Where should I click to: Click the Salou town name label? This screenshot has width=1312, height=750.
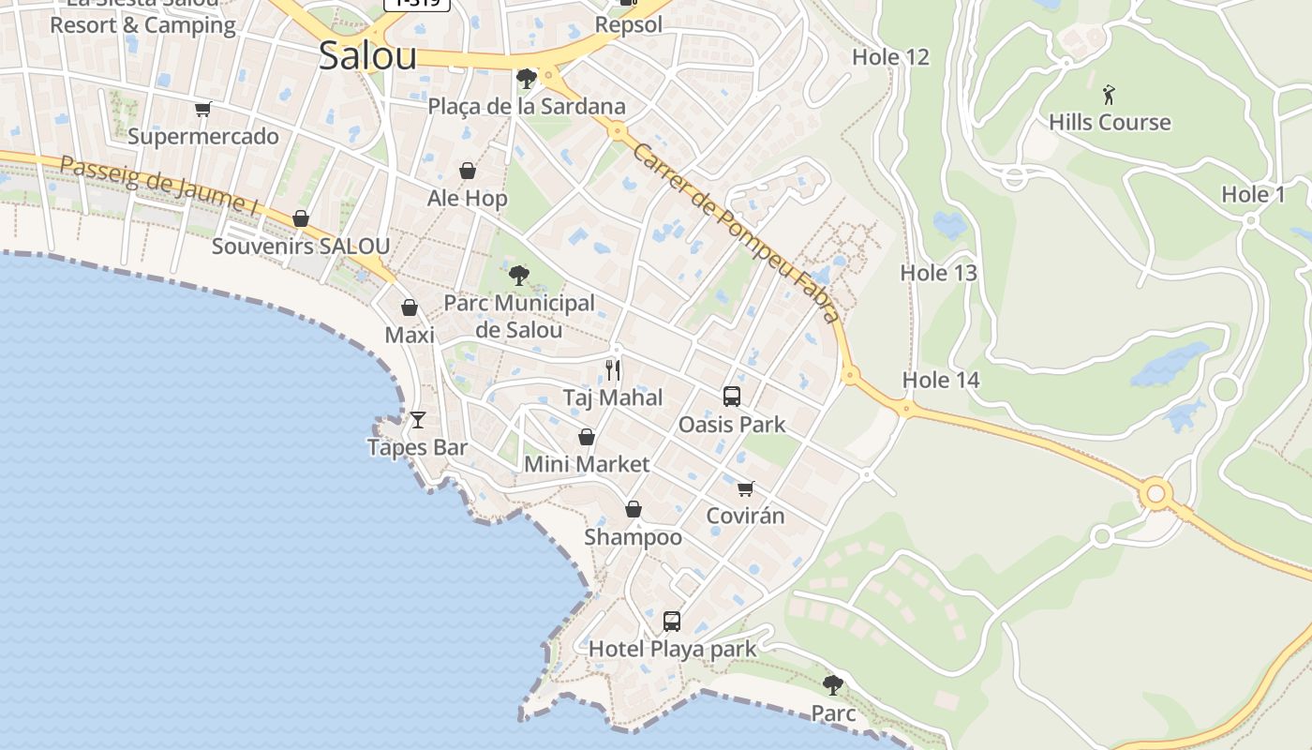pyautogui.click(x=367, y=56)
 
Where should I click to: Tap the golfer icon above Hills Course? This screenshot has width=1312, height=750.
pyautogui.click(x=1110, y=95)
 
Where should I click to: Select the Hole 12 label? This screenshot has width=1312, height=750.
pyautogui.click(x=890, y=57)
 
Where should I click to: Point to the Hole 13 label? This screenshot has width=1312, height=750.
pyautogui.click(x=938, y=273)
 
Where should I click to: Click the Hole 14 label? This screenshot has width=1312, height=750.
pyautogui.click(x=941, y=380)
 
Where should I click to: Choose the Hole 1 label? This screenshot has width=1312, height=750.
pyautogui.click(x=1253, y=195)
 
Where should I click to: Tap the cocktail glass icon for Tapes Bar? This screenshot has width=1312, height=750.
pyautogui.click(x=418, y=419)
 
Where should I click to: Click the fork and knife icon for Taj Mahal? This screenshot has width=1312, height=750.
pyautogui.click(x=613, y=370)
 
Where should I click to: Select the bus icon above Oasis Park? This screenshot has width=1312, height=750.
pyautogui.click(x=732, y=397)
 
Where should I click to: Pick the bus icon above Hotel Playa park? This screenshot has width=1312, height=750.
pyautogui.click(x=672, y=621)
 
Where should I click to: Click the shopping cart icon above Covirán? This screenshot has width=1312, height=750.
pyautogui.click(x=746, y=488)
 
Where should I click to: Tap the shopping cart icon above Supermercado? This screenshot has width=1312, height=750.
pyautogui.click(x=203, y=109)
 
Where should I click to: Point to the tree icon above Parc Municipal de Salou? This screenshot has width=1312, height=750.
pyautogui.click(x=518, y=275)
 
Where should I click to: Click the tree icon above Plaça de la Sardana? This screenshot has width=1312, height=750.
pyautogui.click(x=527, y=78)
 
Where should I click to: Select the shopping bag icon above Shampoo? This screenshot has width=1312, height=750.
pyautogui.click(x=634, y=509)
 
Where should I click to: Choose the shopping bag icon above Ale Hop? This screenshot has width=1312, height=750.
pyautogui.click(x=467, y=171)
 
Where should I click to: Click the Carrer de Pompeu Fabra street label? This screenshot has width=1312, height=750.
pyautogui.click(x=736, y=232)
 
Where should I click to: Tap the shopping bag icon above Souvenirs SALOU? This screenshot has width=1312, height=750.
pyautogui.click(x=301, y=218)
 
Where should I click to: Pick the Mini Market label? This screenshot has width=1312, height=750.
pyautogui.click(x=587, y=464)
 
